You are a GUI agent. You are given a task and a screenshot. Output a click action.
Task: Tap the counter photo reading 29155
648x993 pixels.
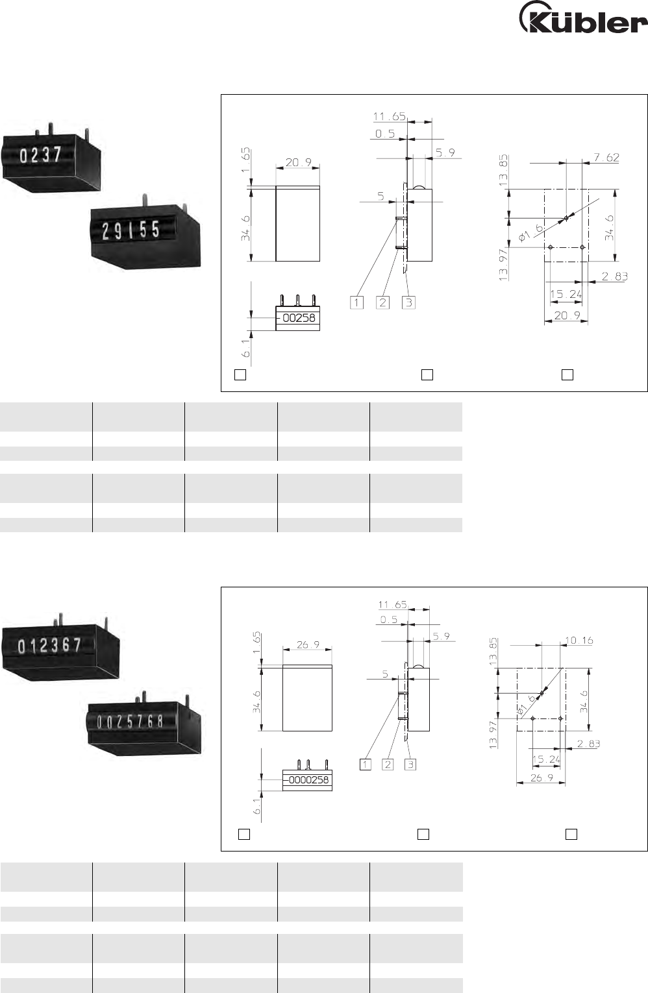145,232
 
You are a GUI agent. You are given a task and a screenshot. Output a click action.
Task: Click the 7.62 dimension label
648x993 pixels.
606,157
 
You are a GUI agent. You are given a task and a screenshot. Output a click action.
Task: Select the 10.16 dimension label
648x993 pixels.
579,641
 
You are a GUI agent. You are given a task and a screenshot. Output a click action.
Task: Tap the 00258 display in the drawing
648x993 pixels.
299,318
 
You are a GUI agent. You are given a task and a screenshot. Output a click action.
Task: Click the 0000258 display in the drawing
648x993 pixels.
308,779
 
